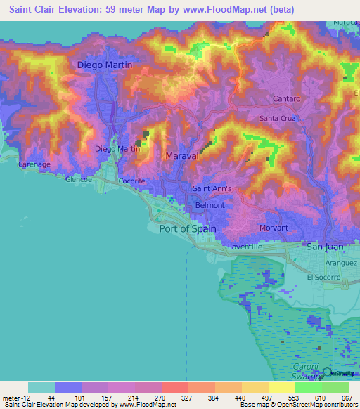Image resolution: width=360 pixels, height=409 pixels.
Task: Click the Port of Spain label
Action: tap(188, 228)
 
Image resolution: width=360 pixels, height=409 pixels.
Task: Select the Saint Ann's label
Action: tap(212, 188)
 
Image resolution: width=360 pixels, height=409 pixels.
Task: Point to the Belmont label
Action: tap(210, 205)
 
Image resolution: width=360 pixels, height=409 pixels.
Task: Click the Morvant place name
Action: tap(274, 228)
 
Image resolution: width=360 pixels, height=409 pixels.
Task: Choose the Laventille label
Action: tap(245, 247)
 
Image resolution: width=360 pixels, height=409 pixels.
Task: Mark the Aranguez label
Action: tap(342, 262)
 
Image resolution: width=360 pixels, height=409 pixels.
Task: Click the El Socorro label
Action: tap(323, 277)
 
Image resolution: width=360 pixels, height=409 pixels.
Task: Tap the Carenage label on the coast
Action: tap(15, 164)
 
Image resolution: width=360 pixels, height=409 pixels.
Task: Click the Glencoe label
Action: tap(79, 179)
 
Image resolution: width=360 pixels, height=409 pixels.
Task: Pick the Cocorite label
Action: tap(131, 181)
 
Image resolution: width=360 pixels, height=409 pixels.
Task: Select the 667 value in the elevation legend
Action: tap(347, 397)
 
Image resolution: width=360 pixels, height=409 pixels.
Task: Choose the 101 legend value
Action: tap(67, 397)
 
